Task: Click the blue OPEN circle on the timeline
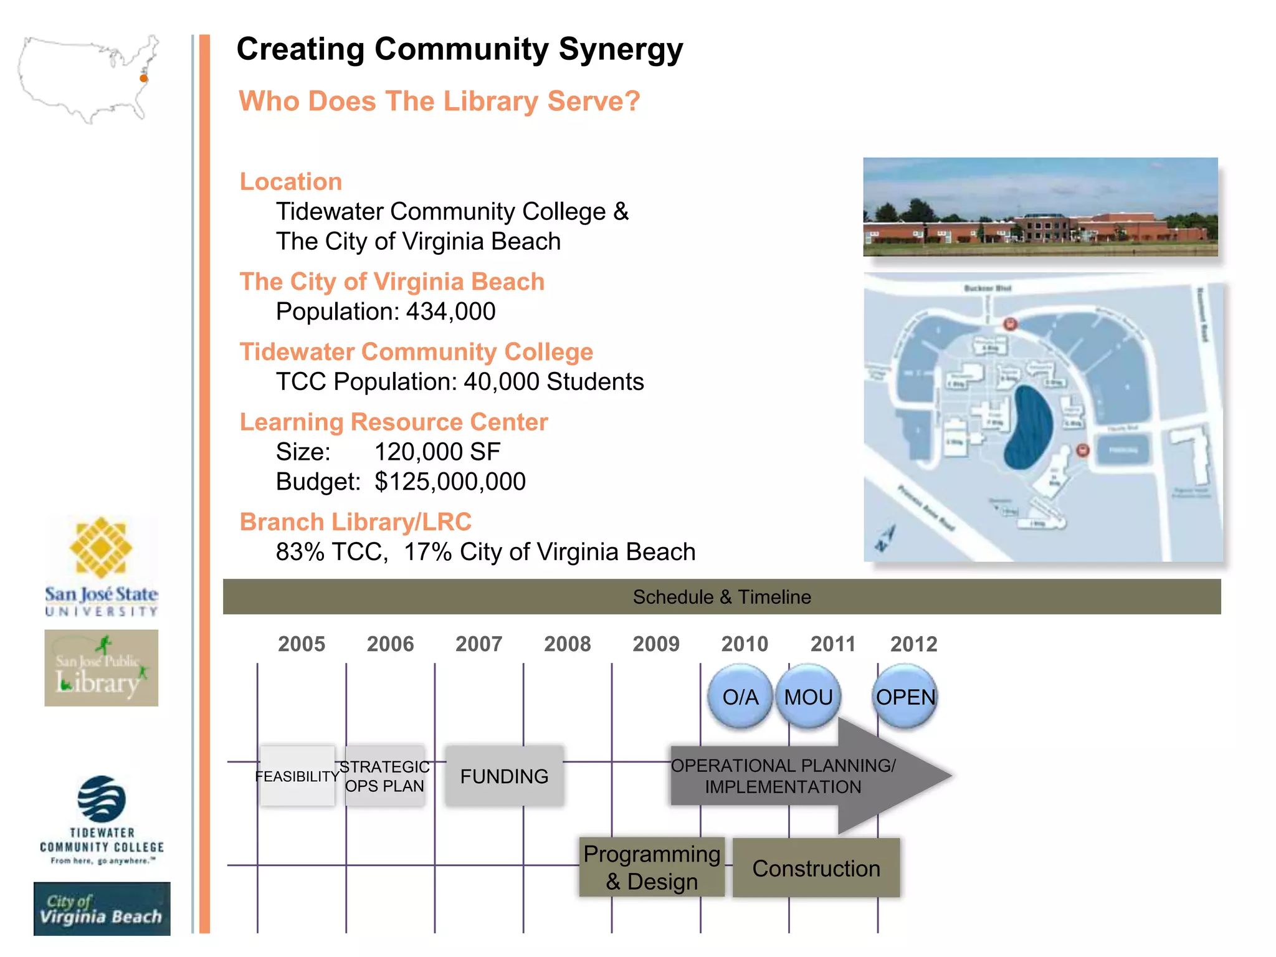(905, 696)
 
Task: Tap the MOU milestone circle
(808, 696)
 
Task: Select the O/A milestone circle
(740, 696)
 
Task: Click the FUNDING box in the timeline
(504, 776)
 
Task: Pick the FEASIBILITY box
(297, 776)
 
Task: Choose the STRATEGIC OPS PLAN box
(384, 776)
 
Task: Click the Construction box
(816, 868)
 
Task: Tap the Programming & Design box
(652, 867)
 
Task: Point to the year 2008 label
(567, 644)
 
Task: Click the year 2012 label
(913, 644)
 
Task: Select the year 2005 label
(302, 644)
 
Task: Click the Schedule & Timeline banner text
(721, 597)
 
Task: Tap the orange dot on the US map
(143, 79)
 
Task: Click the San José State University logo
(101, 567)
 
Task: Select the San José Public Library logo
(101, 668)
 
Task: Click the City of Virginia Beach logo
(102, 909)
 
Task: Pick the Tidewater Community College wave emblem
(102, 799)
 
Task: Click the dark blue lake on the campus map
(1027, 427)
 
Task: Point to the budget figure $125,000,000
(450, 482)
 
